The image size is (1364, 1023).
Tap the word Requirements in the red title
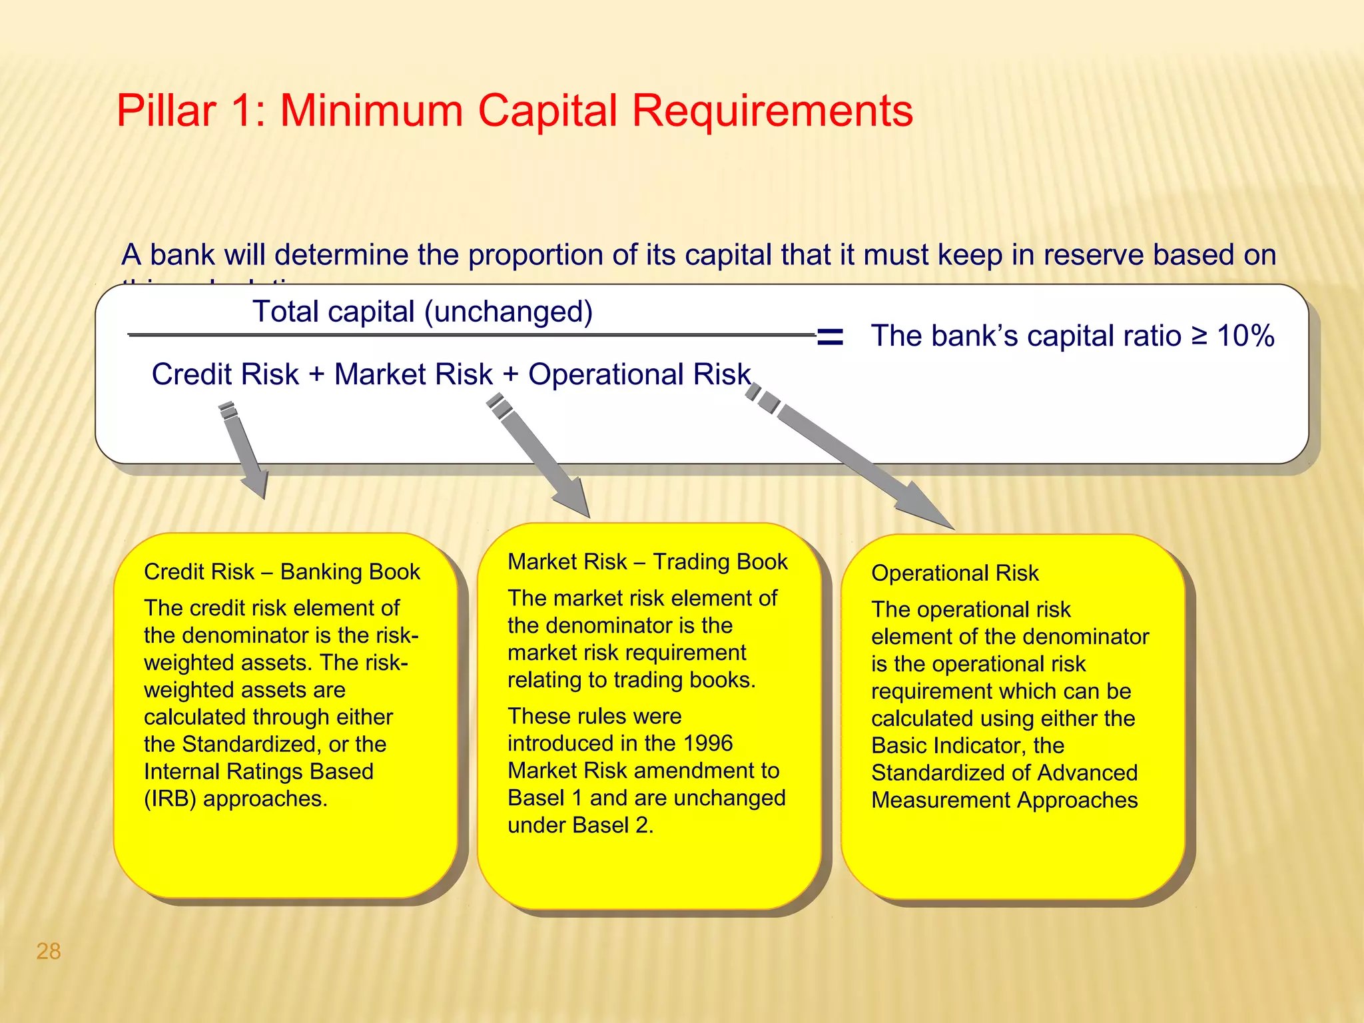click(x=772, y=111)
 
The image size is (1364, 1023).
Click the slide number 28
click(x=49, y=951)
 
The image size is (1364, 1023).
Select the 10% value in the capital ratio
click(x=1245, y=336)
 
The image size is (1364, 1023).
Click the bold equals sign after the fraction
click(x=830, y=337)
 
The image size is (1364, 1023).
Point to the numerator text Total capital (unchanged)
click(x=422, y=312)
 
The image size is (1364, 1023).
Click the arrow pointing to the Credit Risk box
click(x=245, y=453)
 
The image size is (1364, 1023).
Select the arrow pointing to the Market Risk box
click(x=543, y=460)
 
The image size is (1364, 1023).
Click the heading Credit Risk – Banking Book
click(x=282, y=572)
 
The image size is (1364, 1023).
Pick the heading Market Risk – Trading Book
click(x=647, y=562)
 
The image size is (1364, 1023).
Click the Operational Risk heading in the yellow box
click(x=954, y=573)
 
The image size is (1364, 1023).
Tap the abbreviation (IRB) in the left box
click(x=170, y=799)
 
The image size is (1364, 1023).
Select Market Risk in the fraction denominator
click(x=413, y=374)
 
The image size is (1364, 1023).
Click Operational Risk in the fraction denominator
click(x=639, y=374)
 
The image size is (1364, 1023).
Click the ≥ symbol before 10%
click(x=1199, y=336)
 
